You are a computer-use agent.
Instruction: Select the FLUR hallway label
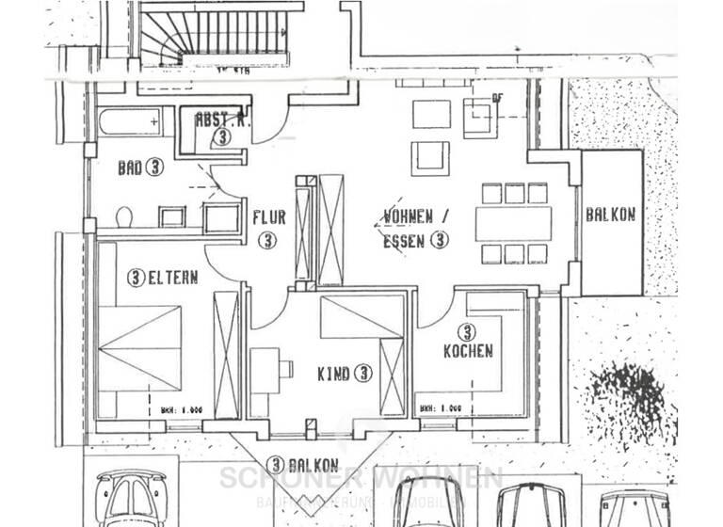[268, 217]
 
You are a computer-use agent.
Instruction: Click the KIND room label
[341, 373]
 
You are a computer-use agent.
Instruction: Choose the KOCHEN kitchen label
[468, 351]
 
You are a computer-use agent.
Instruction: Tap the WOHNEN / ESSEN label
[414, 227]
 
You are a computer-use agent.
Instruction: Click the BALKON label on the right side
[611, 215]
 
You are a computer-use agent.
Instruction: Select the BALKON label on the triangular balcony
[302, 464]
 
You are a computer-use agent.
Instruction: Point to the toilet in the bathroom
[123, 217]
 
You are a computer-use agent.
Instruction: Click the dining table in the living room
[513, 224]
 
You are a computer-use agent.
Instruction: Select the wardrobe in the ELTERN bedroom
[226, 355]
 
